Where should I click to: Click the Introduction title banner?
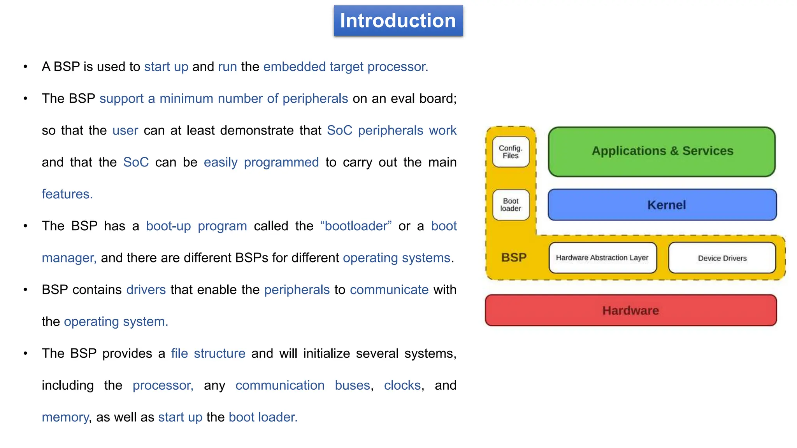(398, 21)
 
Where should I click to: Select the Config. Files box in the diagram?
(511, 152)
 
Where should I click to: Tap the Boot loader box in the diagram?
(511, 205)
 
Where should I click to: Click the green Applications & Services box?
(662, 151)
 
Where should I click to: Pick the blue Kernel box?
(662, 205)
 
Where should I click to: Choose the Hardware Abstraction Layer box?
(602, 258)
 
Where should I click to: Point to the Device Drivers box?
(722, 258)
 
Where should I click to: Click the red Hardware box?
(630, 310)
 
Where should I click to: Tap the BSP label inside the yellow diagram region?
(514, 257)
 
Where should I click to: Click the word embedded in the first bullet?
(294, 67)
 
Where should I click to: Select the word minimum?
(186, 99)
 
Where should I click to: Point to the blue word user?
(125, 131)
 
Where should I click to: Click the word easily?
(220, 163)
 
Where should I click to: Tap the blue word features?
(67, 194)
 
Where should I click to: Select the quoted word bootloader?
(356, 226)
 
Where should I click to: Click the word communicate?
(389, 290)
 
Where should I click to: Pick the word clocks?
(402, 385)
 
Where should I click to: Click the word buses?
(352, 385)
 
